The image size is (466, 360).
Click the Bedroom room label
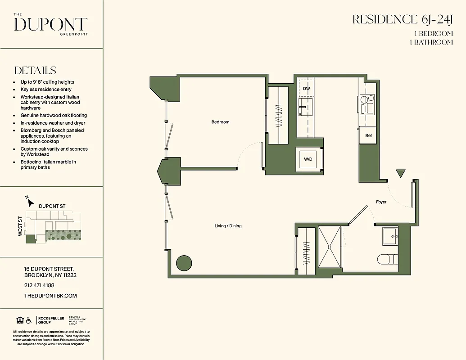220,122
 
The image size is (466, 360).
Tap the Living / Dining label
228,226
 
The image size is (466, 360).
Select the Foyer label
381,202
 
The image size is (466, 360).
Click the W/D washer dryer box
308,159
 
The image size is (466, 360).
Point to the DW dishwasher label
306,89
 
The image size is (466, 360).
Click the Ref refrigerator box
368,135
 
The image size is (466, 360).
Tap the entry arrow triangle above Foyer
400,174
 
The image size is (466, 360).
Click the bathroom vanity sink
390,236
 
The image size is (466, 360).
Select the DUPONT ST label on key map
52,206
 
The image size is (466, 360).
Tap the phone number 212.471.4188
39,285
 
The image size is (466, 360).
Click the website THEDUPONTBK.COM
50,296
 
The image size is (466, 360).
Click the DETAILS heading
35,71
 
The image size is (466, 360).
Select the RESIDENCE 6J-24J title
402,19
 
